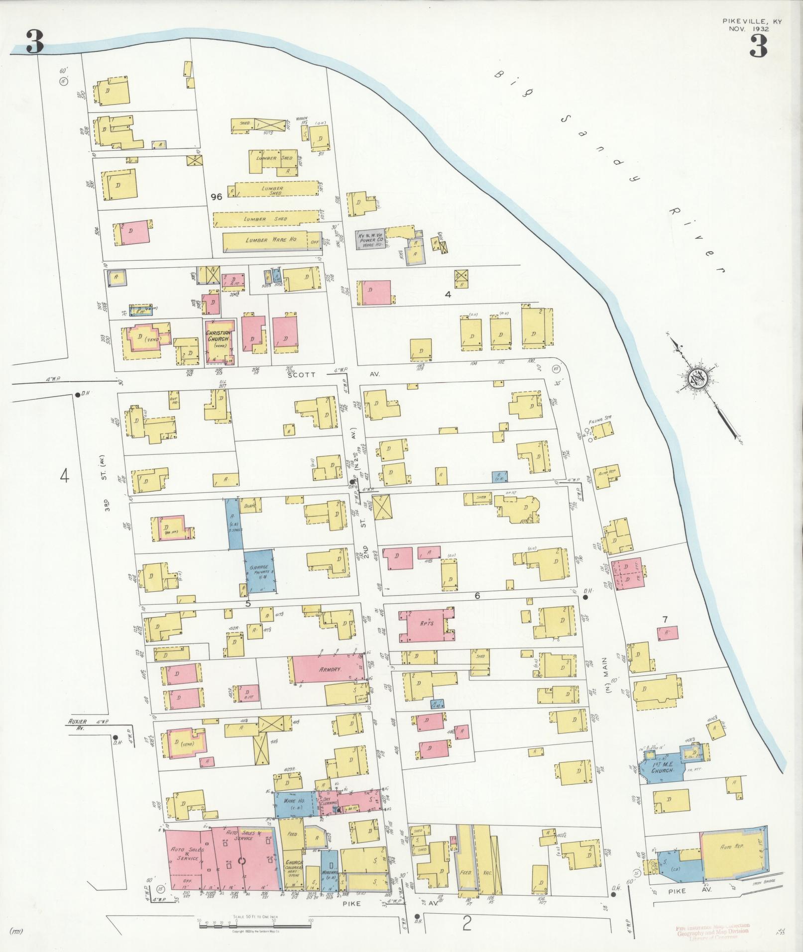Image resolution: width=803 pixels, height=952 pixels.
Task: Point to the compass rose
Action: click(x=695, y=380)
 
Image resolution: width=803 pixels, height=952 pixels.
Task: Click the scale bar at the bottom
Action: click(x=254, y=926)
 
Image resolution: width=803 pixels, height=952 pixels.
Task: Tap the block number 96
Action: click(x=216, y=197)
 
